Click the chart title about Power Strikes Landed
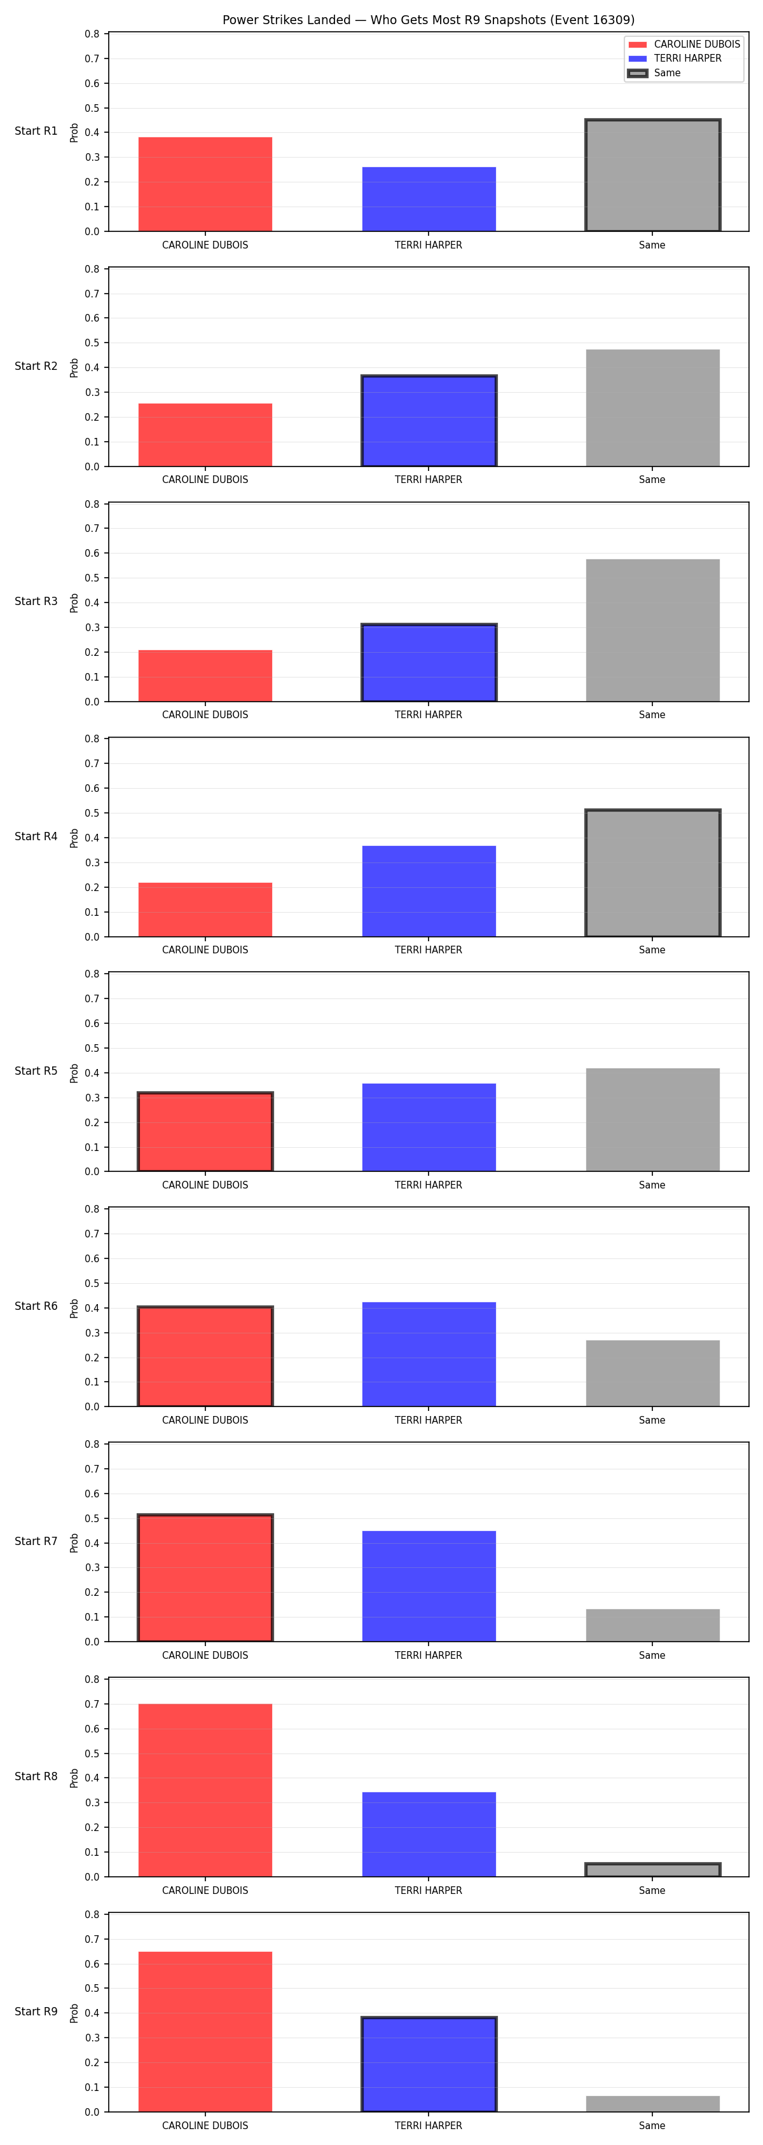428,20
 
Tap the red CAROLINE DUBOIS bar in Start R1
205,184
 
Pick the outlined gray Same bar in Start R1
652,175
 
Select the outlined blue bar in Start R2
429,421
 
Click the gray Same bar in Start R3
652,630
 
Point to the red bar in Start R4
205,909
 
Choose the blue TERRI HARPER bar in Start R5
429,1127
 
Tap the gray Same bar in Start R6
652,1373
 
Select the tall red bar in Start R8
205,1790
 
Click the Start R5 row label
36,1071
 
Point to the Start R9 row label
36,2011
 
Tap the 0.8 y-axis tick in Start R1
92,34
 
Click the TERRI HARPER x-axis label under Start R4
428,950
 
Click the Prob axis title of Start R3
74,603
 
